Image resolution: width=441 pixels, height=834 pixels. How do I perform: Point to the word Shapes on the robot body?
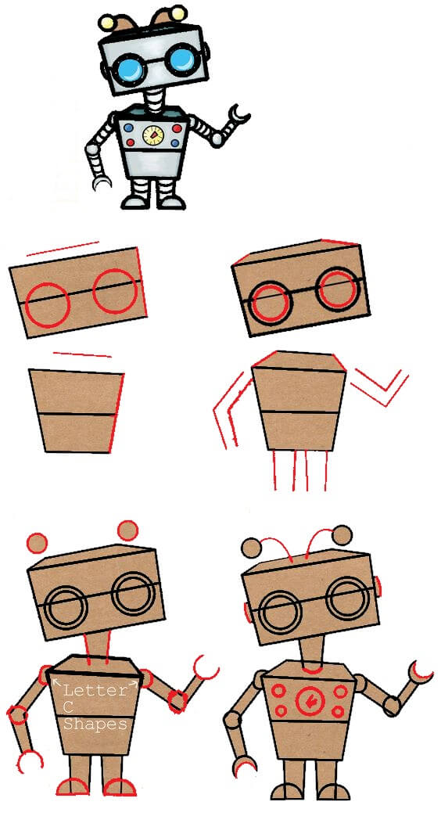click(x=95, y=724)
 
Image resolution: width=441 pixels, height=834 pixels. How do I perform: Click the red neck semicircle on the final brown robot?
click(x=313, y=669)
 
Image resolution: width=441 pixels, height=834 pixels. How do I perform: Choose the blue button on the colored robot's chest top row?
click(x=130, y=125)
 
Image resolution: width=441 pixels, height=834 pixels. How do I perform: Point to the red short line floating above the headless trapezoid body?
click(x=83, y=354)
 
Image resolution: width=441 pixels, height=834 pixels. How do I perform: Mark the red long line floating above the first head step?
click(x=63, y=248)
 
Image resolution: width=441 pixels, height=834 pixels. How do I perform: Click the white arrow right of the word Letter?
click(x=134, y=685)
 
